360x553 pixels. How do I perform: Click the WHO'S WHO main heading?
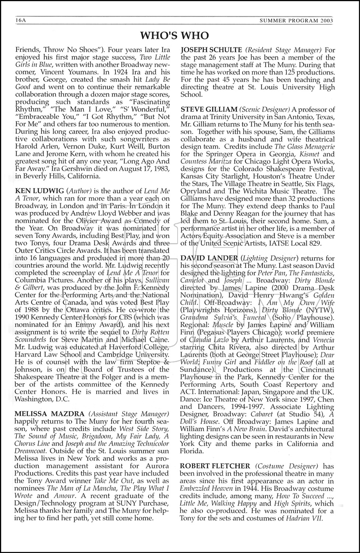point(175,35)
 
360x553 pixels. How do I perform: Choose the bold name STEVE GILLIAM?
point(209,109)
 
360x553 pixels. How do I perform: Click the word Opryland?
point(195,191)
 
